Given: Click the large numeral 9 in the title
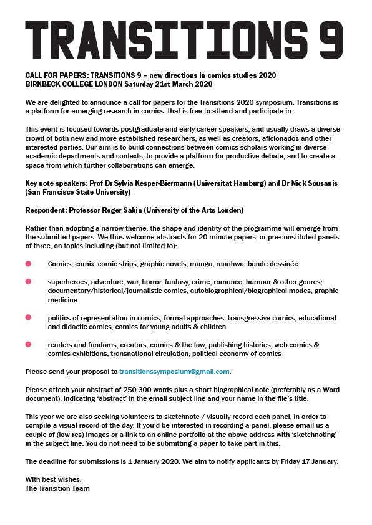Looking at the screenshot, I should pos(329,39).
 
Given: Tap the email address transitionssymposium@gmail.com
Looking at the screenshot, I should pos(175,372).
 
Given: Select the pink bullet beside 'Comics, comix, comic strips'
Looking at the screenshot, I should pos(28,264).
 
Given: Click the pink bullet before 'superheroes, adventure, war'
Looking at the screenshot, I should pos(28,282).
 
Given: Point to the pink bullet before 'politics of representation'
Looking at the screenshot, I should pos(28,317).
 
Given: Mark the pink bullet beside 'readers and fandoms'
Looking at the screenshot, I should pos(28,345).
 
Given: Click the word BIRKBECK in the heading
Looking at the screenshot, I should pos(44,84).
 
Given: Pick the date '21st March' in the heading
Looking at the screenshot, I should pos(179,84).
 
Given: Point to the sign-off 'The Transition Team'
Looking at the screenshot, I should pos(57,488).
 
